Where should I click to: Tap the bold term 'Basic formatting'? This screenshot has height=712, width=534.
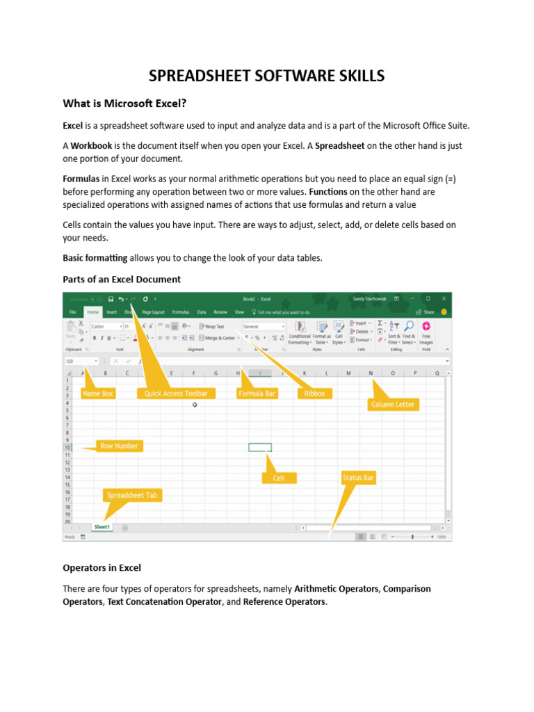click(x=95, y=258)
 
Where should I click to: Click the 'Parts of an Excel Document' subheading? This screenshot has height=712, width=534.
click(x=122, y=279)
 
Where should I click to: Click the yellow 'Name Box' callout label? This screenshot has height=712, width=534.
click(x=97, y=394)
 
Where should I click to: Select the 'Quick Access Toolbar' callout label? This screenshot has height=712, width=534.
click(x=176, y=394)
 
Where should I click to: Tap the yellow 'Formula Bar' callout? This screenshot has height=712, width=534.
click(x=257, y=394)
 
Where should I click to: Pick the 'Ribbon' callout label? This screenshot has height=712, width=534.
click(x=315, y=394)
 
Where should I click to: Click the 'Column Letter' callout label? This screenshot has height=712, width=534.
click(x=393, y=404)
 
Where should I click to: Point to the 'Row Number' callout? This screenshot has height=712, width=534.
click(x=119, y=446)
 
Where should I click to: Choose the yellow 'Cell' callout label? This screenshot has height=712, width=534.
click(x=279, y=478)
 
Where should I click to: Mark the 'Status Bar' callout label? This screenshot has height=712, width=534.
click(x=358, y=478)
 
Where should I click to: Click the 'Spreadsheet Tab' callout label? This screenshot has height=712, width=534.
click(x=132, y=495)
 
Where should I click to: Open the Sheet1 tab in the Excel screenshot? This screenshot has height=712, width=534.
click(x=102, y=527)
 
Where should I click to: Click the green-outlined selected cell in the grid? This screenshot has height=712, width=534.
click(x=260, y=447)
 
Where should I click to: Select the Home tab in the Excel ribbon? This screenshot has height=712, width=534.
click(x=92, y=312)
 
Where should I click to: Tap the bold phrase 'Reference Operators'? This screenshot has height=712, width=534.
click(x=284, y=601)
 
